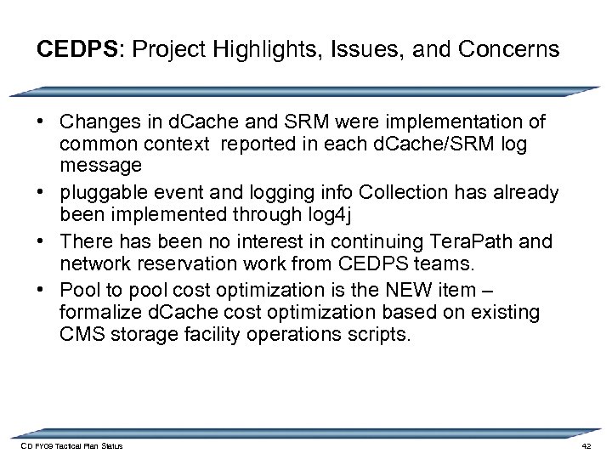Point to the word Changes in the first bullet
pos(95,123)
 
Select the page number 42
pos(586,447)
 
